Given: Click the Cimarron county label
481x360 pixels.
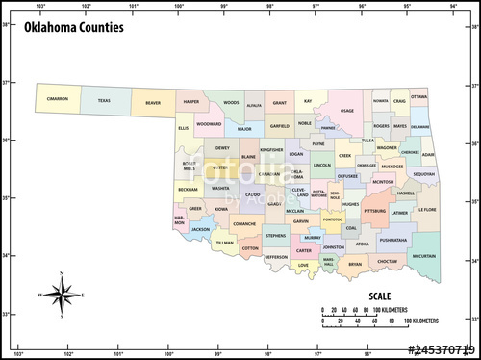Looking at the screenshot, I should click(58, 99).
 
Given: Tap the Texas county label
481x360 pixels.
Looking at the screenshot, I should click(104, 100).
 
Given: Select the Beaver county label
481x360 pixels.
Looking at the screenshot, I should click(153, 101).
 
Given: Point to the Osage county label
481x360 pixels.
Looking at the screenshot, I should click(347, 111).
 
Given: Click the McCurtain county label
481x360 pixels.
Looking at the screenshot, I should click(423, 256).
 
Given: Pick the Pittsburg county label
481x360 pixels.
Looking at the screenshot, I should click(375, 209).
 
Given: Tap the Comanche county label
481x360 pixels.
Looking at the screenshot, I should click(243, 223).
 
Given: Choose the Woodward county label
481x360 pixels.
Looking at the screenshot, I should click(209, 123).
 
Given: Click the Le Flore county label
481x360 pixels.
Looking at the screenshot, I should click(427, 209).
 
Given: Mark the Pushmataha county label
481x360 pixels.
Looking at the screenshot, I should click(393, 239).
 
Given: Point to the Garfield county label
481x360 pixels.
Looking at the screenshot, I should click(279, 125).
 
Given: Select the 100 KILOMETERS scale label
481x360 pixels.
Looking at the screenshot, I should click(420, 320).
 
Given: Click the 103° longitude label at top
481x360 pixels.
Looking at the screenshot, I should click(40, 6).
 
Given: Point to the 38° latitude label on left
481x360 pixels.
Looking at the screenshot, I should click(6, 25).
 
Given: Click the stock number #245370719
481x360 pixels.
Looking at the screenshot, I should click(441, 349).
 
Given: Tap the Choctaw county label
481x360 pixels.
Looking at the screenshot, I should click(387, 261).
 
